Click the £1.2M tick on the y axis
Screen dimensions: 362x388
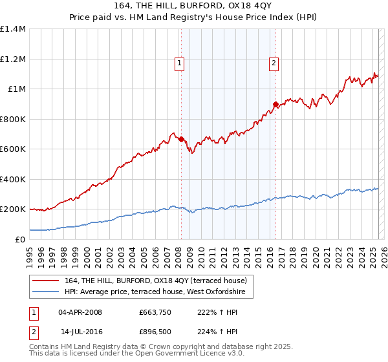click(x=13, y=59)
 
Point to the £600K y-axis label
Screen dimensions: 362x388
click(x=13, y=149)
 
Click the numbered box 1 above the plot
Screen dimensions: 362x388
click(x=179, y=63)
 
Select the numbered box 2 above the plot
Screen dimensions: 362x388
click(x=274, y=63)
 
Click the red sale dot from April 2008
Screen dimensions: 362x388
click(x=181, y=139)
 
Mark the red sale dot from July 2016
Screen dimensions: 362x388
click(x=275, y=104)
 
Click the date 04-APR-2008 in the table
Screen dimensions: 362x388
click(x=80, y=312)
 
